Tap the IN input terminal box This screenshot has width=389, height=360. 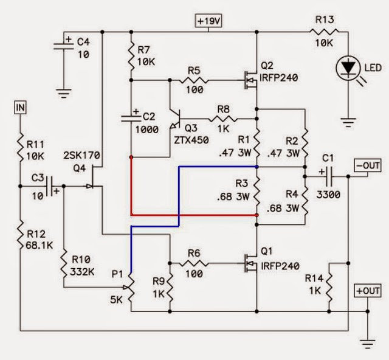[21, 108]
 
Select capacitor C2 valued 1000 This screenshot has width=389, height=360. [131, 119]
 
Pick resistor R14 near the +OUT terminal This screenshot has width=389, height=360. [328, 283]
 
